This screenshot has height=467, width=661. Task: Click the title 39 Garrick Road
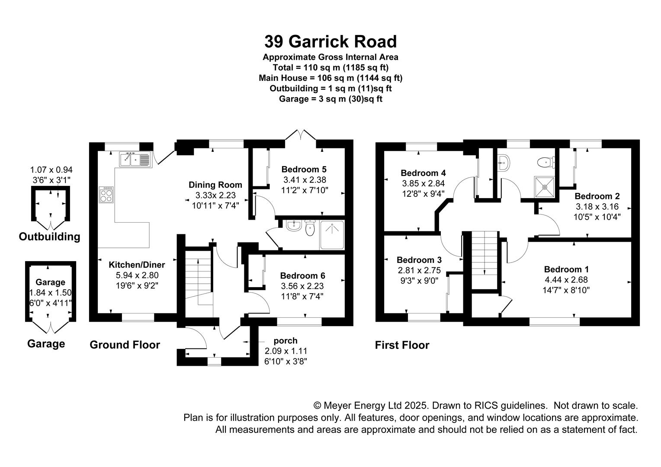pyautogui.click(x=330, y=42)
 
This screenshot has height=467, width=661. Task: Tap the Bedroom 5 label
pyautogui.click(x=304, y=170)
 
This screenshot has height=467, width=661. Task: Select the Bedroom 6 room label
pyautogui.click(x=302, y=275)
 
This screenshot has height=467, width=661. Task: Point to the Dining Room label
pyautogui.click(x=215, y=185)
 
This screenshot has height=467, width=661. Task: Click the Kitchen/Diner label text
pyautogui.click(x=137, y=265)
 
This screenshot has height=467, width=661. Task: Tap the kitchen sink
pyautogui.click(x=135, y=160)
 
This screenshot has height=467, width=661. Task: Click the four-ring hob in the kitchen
pyautogui.click(x=106, y=195)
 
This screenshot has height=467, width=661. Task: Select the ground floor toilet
pyautogui.click(x=310, y=228)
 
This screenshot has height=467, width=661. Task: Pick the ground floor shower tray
pyautogui.click(x=332, y=235)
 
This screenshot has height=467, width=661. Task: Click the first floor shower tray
pyautogui.click(x=545, y=186)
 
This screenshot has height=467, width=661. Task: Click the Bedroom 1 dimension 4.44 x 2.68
pyautogui.click(x=566, y=280)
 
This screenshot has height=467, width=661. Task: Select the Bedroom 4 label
pyautogui.click(x=423, y=173)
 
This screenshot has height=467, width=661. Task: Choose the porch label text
pyautogui.click(x=286, y=341)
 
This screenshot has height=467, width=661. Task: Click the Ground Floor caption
pyautogui.click(x=125, y=345)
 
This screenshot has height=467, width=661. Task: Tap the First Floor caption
pyautogui.click(x=402, y=345)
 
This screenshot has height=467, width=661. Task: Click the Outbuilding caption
pyautogui.click(x=50, y=237)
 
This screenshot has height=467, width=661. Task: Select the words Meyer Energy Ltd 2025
pyautogui.click(x=375, y=405)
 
